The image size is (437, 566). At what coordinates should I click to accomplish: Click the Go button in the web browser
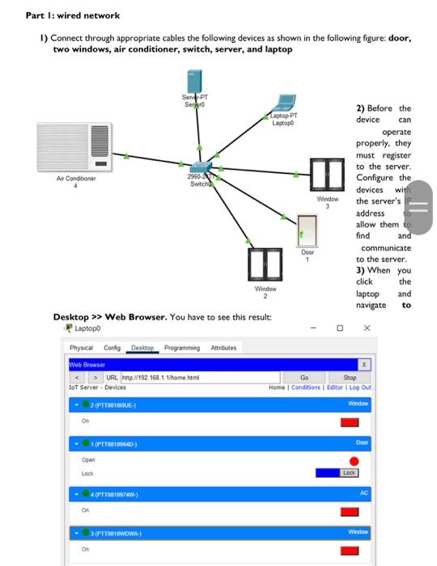click(x=304, y=377)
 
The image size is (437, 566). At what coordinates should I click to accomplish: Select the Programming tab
click(x=183, y=347)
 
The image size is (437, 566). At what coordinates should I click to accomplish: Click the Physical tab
click(x=81, y=347)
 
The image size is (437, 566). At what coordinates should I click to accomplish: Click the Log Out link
click(x=360, y=387)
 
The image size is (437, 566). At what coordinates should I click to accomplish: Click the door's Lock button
click(x=349, y=472)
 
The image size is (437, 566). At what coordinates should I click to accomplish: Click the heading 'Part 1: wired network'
click(x=73, y=15)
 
